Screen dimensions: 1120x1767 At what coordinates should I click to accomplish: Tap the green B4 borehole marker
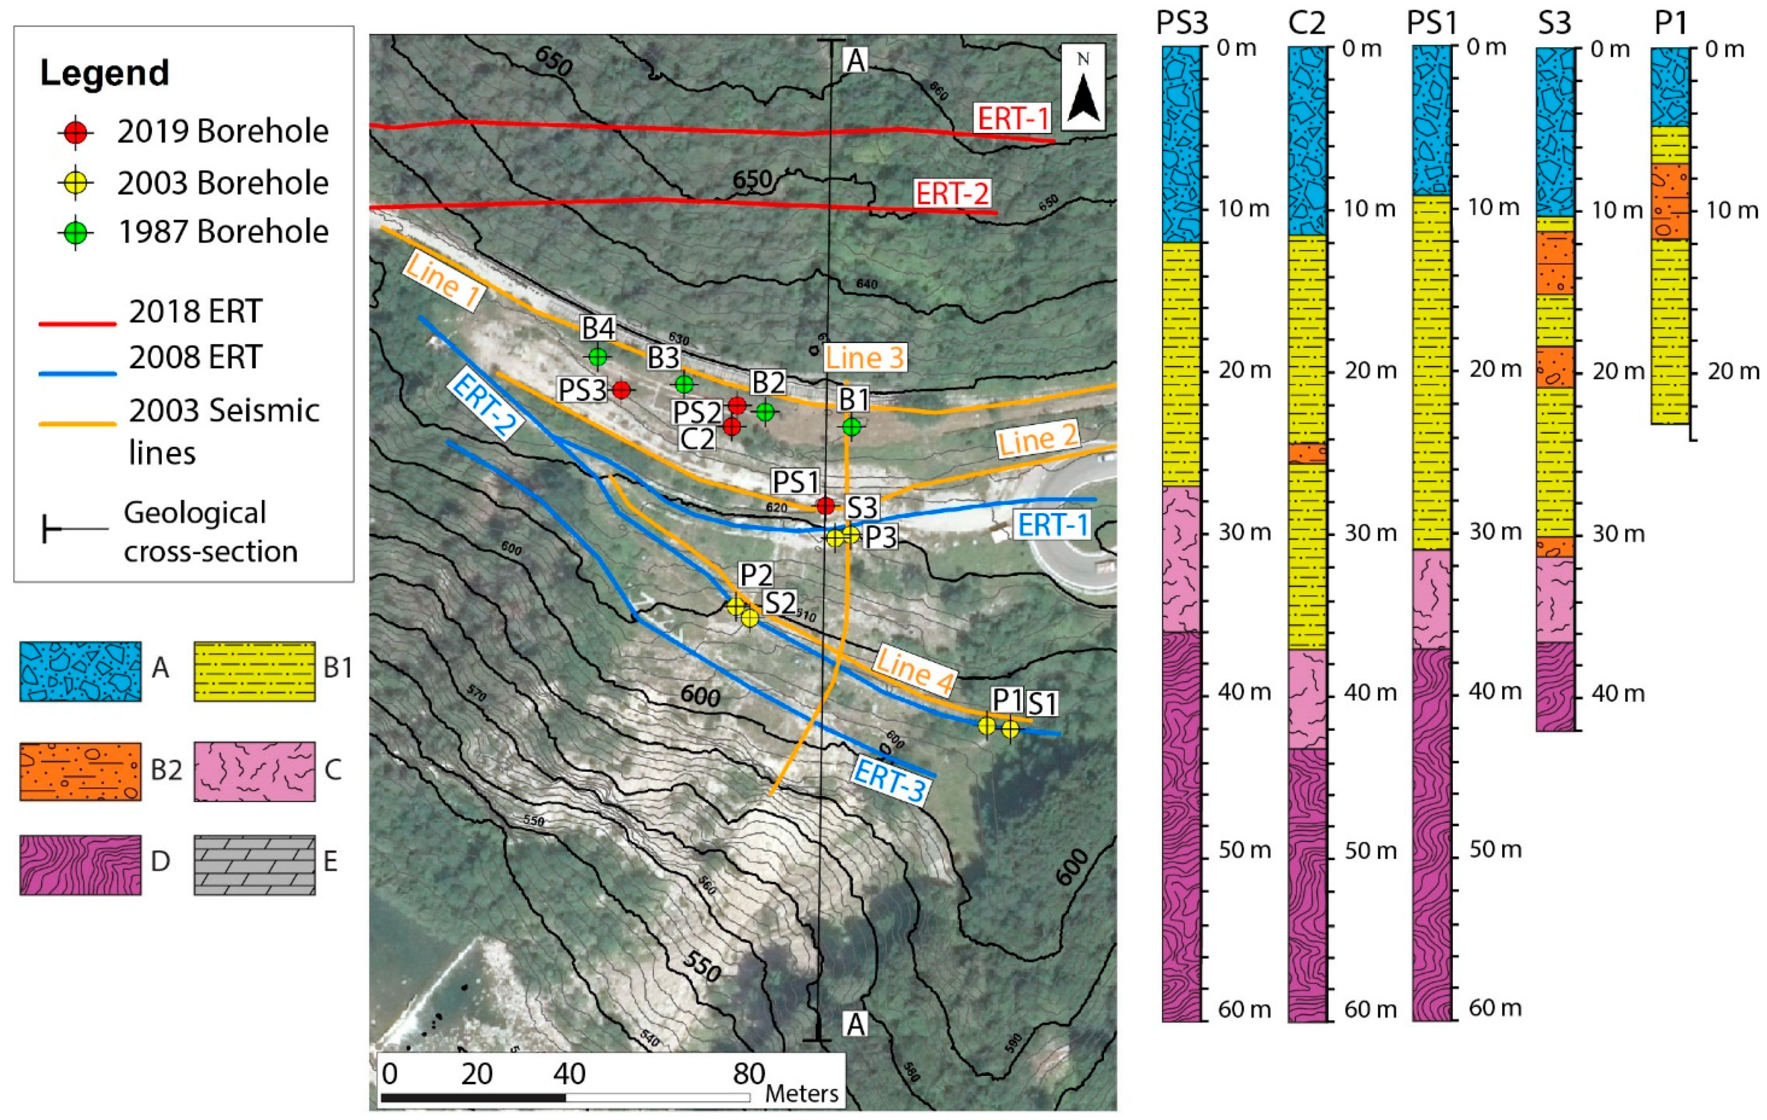[598, 357]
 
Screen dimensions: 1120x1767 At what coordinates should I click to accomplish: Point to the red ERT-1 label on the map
[1012, 118]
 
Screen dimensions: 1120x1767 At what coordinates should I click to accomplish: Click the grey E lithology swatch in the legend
[255, 865]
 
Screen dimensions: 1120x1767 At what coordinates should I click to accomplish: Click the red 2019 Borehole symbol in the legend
[75, 132]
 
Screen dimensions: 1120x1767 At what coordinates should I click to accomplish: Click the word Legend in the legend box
[104, 73]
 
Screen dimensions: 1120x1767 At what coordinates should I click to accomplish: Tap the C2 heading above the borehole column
[1306, 23]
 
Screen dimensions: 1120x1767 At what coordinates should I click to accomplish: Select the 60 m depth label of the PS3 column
[1244, 1009]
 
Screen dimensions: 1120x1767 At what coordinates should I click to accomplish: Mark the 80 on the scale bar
[748, 1074]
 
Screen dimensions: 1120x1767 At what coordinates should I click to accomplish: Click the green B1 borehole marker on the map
[851, 426]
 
